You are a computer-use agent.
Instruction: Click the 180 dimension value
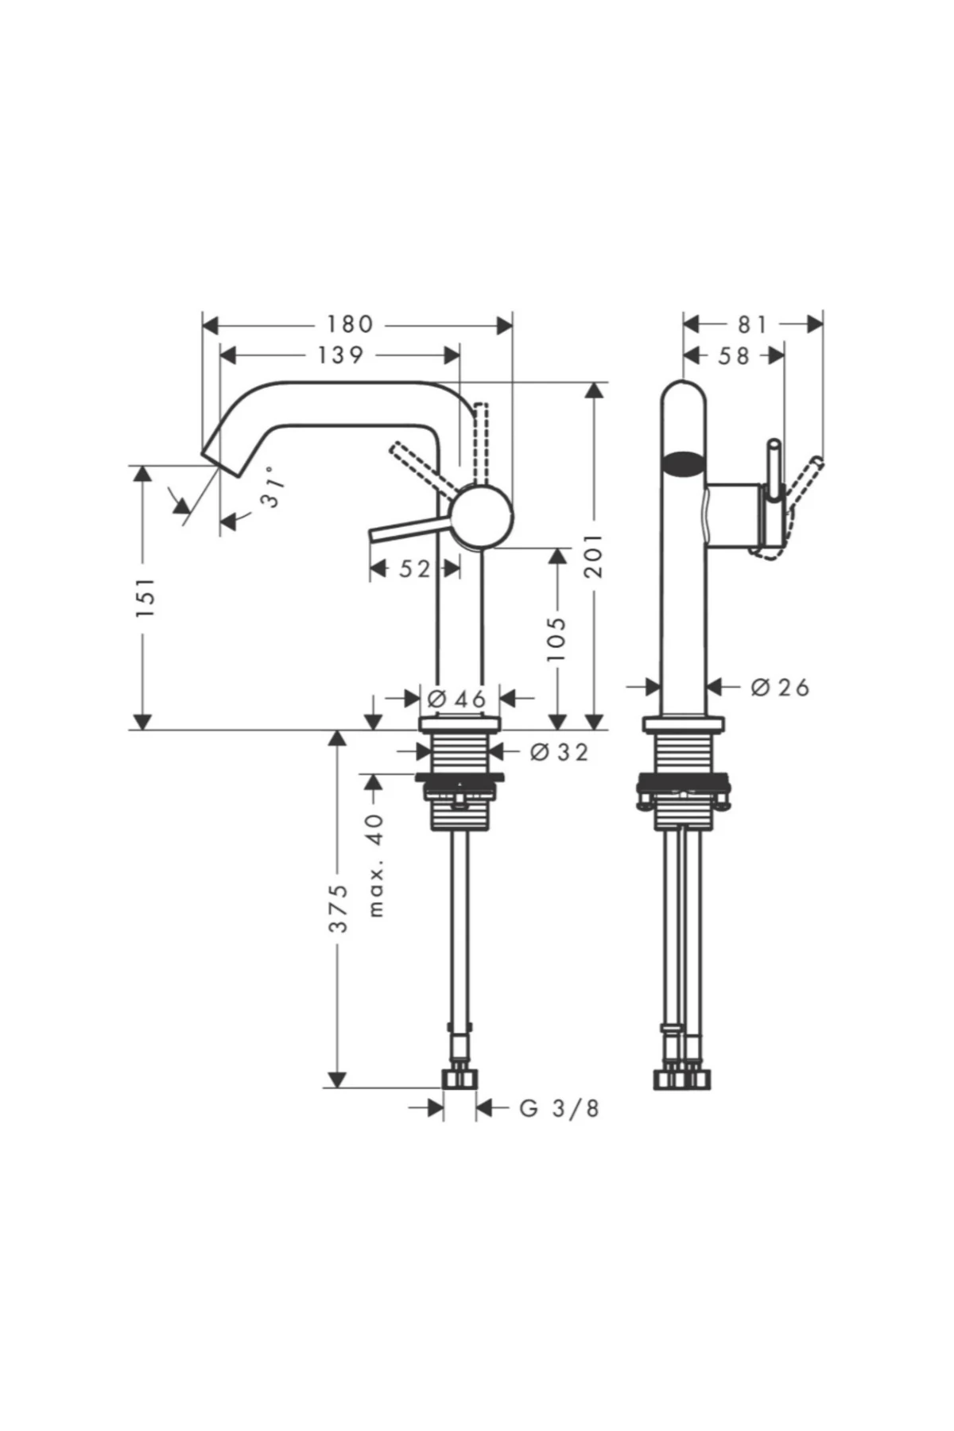(350, 324)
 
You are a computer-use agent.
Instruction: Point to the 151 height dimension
(145, 598)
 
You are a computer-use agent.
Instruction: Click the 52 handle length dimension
(414, 568)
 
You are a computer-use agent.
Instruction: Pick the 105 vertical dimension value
(557, 638)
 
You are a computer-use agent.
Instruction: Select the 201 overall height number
(595, 556)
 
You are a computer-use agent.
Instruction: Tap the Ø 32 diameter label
(559, 751)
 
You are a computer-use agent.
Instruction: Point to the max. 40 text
(376, 864)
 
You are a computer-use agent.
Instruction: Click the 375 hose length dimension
(339, 907)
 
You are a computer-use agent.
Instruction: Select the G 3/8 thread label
(559, 1107)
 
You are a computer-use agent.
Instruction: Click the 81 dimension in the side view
(752, 324)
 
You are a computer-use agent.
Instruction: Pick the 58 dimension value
(733, 355)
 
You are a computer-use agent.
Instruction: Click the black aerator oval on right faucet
(684, 463)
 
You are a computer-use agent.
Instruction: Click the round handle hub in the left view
(481, 517)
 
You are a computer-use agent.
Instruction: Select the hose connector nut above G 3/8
(460, 1079)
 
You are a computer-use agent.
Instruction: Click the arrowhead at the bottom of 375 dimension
(338, 1079)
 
